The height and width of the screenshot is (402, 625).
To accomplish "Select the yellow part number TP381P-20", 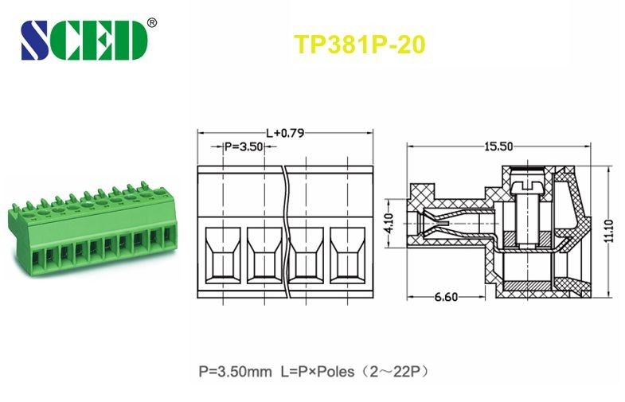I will click(360, 45).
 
